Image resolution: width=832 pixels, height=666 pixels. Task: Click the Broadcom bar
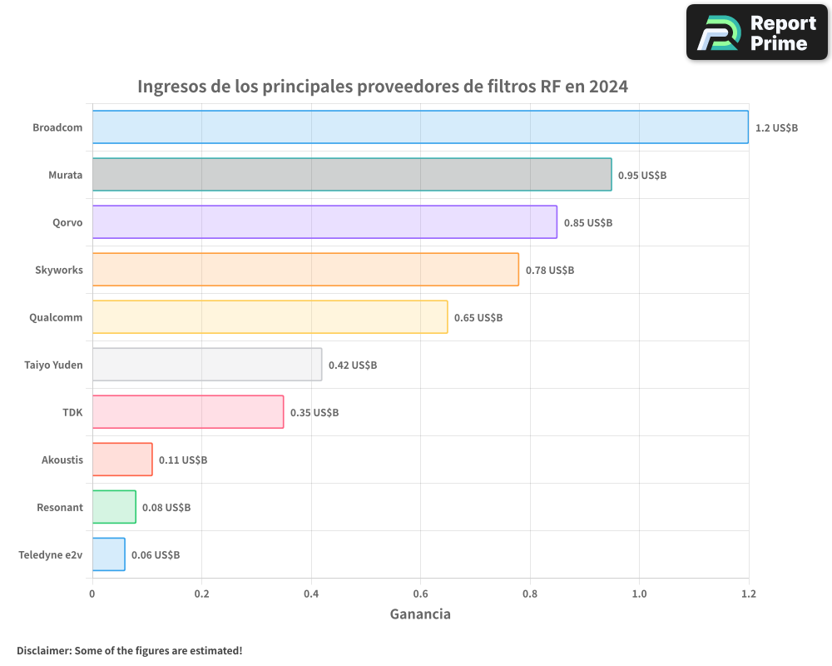click(420, 127)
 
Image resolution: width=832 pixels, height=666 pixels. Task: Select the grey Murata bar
click(352, 175)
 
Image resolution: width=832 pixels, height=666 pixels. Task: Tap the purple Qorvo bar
click(324, 222)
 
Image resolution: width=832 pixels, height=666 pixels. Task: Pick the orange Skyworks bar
click(305, 270)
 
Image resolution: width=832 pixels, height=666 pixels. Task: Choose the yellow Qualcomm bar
click(270, 317)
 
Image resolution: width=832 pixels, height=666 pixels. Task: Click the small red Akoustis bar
click(122, 460)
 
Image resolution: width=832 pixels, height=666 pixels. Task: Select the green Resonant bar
click(114, 507)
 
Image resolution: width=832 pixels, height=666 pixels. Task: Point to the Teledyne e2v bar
click(108, 554)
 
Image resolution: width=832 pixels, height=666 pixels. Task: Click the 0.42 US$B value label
click(352, 365)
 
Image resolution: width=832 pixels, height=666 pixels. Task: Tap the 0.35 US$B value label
click(314, 412)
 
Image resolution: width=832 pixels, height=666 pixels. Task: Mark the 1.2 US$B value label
click(776, 127)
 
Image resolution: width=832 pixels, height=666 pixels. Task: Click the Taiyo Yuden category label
click(53, 365)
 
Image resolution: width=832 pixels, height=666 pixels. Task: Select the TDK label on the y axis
click(72, 412)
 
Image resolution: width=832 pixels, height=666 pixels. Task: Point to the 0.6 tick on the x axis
click(420, 594)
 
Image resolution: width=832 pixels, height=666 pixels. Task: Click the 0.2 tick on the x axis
click(201, 594)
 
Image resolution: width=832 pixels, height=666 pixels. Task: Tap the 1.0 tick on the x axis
click(639, 594)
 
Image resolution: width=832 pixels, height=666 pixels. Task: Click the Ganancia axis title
click(420, 614)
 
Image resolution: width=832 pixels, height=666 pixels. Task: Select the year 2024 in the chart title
click(608, 87)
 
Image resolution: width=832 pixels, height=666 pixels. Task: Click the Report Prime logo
click(757, 32)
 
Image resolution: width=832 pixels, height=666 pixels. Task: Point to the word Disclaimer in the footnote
click(43, 650)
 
